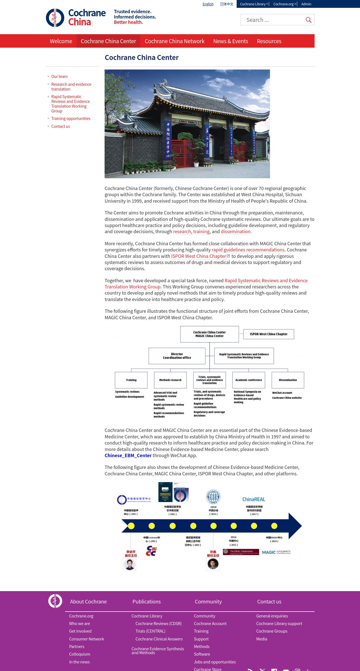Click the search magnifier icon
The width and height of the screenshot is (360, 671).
coord(308,20)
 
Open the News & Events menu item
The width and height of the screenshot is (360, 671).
coord(230,41)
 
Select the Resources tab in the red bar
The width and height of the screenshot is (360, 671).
coord(269,41)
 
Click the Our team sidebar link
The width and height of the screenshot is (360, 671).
coord(59,77)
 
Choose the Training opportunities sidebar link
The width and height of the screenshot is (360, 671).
coord(71,119)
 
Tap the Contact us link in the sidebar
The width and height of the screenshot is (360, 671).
coord(61,126)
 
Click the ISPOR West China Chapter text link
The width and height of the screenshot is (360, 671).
coord(199,256)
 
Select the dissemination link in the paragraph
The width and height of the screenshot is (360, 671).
coord(236,232)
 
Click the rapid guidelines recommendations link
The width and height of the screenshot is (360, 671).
coord(248,250)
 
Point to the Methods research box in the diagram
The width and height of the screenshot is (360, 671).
coord(170,380)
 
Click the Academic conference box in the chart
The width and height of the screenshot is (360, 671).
coord(249,380)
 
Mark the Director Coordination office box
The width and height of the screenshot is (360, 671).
coord(177,356)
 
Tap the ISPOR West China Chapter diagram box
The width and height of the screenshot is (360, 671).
coord(269,334)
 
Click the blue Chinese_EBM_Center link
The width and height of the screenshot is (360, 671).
coord(128,455)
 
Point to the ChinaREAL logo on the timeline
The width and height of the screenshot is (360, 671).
coord(254,499)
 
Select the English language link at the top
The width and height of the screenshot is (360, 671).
coord(208,4)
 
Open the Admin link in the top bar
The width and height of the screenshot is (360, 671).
coord(306,4)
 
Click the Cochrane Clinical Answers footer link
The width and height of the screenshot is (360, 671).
coord(159,639)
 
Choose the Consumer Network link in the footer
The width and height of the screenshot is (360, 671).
coord(86,639)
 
